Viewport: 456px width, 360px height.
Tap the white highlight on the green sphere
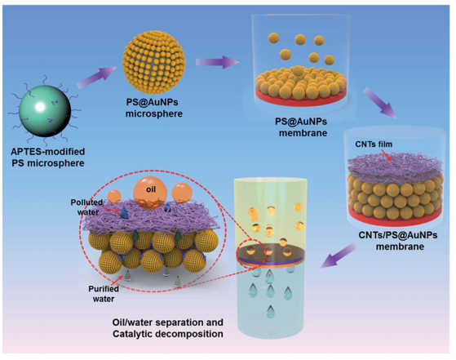point(40,107)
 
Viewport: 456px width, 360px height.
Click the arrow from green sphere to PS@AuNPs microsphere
point(96,77)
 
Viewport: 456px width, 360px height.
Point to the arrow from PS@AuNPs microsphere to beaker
point(217,62)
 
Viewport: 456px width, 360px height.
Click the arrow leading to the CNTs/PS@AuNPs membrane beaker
point(380,103)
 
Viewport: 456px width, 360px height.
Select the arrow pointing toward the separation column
point(339,256)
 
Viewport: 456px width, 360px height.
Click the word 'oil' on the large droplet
point(151,189)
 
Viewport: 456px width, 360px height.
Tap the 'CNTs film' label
point(374,144)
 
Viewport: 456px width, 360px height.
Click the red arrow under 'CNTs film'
point(386,153)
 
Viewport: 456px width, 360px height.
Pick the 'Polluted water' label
point(87,207)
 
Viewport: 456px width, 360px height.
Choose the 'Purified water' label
point(104,294)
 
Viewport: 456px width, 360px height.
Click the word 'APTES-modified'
point(48,152)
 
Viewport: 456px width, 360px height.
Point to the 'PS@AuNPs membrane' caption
point(301,127)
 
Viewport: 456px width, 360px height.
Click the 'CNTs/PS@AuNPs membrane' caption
point(398,241)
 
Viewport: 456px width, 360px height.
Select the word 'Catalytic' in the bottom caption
point(132,334)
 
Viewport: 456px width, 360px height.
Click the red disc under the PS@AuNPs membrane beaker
point(301,97)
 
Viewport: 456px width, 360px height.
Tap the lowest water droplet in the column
point(271,311)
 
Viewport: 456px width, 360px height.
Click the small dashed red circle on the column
point(250,252)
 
